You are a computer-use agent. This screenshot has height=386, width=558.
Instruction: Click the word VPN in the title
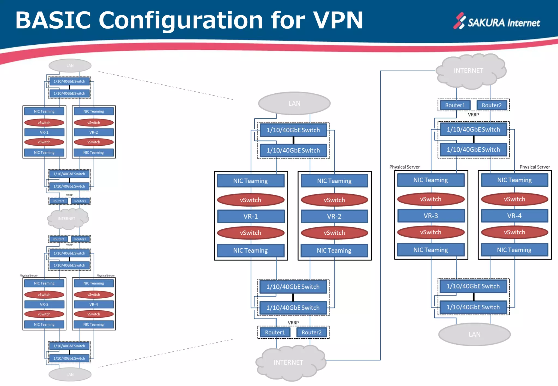coord(338,20)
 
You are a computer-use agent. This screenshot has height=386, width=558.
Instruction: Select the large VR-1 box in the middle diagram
coord(251,216)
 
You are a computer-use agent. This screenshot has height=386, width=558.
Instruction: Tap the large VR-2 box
coord(334,216)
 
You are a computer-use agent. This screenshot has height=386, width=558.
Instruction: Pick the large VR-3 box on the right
coord(431,216)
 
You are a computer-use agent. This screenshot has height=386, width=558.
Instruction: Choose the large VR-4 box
coord(514,216)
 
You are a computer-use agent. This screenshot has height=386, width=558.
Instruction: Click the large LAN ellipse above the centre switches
coord(294,103)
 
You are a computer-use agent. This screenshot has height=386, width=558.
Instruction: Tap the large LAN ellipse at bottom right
coord(474,334)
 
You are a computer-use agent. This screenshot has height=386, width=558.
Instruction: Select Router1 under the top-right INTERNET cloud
coord(455,105)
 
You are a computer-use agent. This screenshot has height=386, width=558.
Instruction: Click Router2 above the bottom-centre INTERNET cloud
coord(311,332)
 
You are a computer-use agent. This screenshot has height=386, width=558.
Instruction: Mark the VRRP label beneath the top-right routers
coord(473,115)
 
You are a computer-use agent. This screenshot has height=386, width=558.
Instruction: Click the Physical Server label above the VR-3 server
coord(404,167)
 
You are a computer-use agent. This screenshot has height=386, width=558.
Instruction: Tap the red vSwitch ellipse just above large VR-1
coord(251,200)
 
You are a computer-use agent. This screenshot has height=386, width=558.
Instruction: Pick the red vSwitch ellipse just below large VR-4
coord(514,232)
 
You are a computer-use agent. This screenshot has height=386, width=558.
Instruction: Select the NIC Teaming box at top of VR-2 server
coord(334,181)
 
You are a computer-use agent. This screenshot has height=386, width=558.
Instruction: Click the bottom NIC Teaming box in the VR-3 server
coord(430,250)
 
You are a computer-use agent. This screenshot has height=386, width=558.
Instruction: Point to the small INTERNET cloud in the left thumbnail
coord(67,218)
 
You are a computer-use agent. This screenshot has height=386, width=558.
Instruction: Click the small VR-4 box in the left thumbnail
coord(93,304)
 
